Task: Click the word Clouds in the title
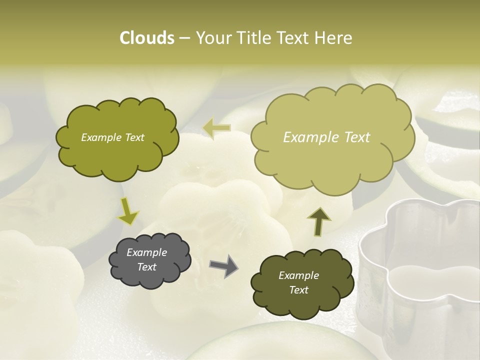click(x=146, y=38)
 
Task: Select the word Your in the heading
click(x=212, y=38)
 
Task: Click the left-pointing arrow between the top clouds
click(x=216, y=128)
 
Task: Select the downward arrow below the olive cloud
click(x=127, y=210)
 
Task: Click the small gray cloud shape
click(x=150, y=260)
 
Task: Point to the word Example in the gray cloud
click(x=147, y=252)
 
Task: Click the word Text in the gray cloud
click(x=147, y=267)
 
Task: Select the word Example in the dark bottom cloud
click(x=298, y=275)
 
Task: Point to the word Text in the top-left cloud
click(x=134, y=137)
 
